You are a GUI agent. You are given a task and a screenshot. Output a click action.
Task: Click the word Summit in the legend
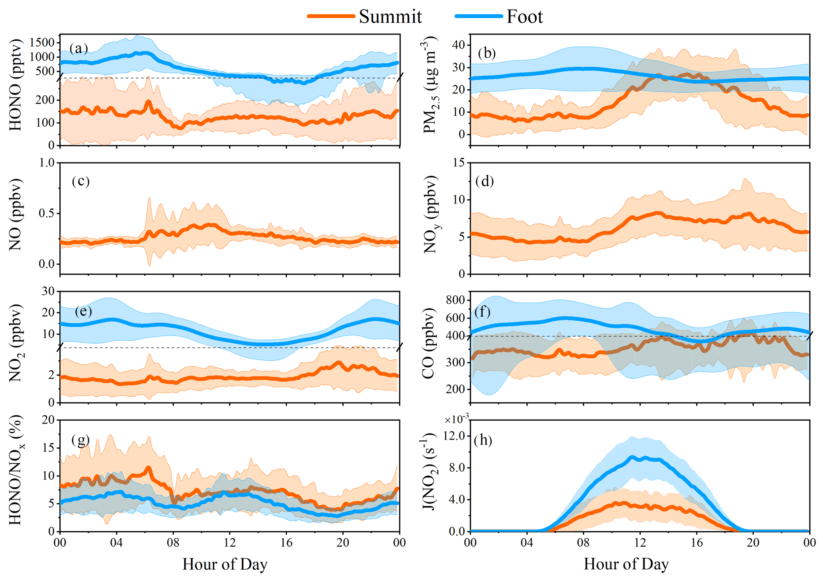390,16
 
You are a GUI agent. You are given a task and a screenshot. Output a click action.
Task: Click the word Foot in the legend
524,16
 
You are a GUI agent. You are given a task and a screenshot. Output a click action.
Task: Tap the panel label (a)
78,48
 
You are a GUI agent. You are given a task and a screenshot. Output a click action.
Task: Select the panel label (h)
483,440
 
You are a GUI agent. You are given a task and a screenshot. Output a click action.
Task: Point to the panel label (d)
485,181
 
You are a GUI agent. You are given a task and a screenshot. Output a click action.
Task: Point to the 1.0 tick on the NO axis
47,163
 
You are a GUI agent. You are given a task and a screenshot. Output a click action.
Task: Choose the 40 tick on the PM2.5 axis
459,45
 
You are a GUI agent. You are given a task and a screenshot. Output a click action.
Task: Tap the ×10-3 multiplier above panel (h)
457,419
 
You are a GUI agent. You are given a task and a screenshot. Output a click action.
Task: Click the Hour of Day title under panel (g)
225,564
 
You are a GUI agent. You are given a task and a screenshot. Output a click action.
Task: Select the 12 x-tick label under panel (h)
640,543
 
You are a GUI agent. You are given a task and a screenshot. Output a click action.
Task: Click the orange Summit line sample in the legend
331,16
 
